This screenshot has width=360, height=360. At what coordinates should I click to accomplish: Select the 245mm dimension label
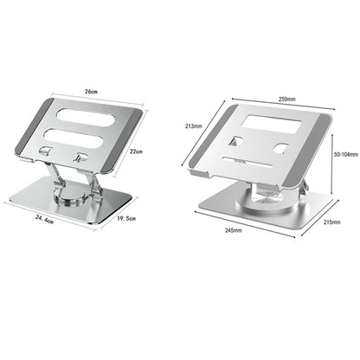pos(233,231)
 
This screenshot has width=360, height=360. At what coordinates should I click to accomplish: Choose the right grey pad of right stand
pos(321,136)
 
